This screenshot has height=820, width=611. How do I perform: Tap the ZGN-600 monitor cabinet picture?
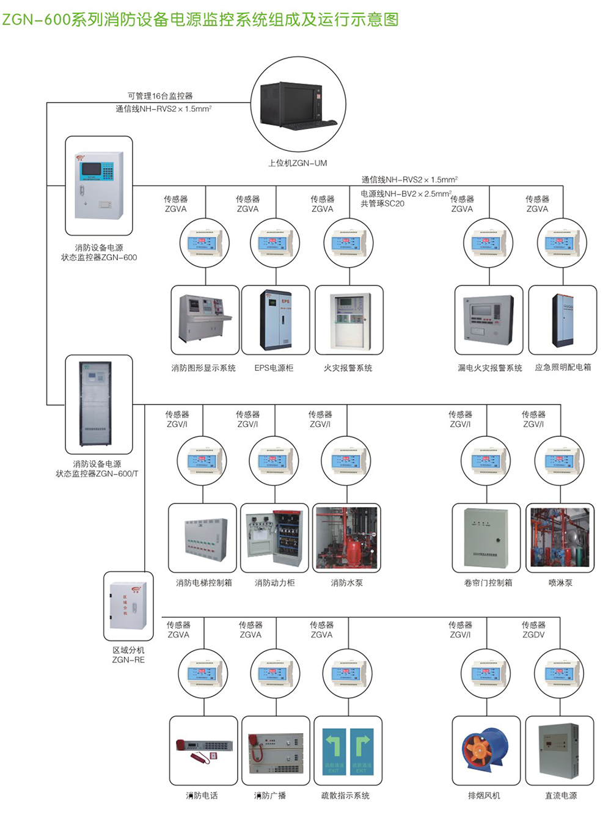click(99, 185)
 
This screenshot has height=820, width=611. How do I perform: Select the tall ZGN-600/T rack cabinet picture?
click(98, 404)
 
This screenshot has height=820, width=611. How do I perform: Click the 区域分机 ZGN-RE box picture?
click(128, 606)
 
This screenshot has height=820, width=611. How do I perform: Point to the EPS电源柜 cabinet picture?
click(276, 320)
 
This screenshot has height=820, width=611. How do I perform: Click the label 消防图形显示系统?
click(203, 368)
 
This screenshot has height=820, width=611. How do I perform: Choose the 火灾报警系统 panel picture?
click(349, 320)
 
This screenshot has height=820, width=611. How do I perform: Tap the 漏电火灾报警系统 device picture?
click(489, 320)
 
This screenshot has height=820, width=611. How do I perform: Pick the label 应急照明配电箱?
click(563, 368)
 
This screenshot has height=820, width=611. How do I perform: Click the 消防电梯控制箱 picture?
click(203, 538)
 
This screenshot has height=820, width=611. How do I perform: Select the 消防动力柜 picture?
click(274, 538)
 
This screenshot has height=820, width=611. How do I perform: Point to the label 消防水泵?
click(346, 583)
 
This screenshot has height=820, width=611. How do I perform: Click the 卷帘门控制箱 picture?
click(486, 538)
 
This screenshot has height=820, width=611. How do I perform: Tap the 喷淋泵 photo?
click(560, 538)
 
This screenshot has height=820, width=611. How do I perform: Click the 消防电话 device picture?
click(203, 750)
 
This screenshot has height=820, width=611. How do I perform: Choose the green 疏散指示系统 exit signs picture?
click(348, 750)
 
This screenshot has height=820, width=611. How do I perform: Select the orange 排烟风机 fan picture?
click(486, 750)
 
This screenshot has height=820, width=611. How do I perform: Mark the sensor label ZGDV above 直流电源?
click(533, 635)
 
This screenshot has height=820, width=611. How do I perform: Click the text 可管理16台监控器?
click(160, 96)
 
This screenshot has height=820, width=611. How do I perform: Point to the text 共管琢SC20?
click(382, 203)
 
